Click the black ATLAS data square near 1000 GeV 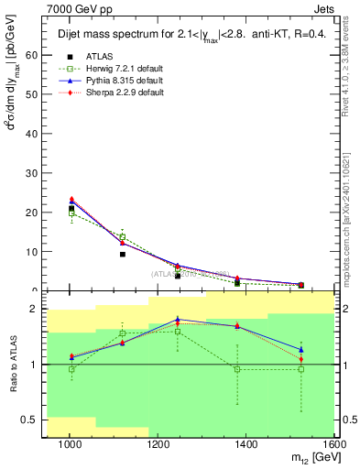coord(71,209)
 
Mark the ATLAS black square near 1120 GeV coord(123,254)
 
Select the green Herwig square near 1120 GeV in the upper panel coord(123,237)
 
